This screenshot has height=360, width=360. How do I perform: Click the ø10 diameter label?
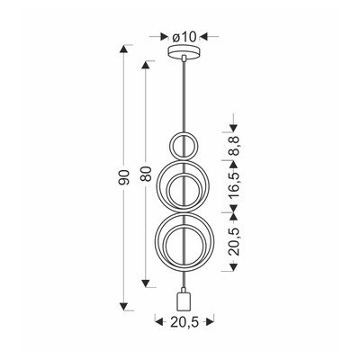(x=184, y=37)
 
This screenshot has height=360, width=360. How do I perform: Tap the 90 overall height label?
(x=124, y=177)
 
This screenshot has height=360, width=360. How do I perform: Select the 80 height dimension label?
(x=146, y=174)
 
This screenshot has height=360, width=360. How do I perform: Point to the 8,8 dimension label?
(x=234, y=146)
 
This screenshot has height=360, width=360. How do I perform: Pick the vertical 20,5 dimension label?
(x=234, y=241)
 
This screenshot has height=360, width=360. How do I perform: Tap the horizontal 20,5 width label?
(x=184, y=321)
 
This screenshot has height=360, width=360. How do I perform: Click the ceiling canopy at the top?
(x=184, y=50)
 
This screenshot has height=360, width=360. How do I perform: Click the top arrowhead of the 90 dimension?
(x=123, y=49)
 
